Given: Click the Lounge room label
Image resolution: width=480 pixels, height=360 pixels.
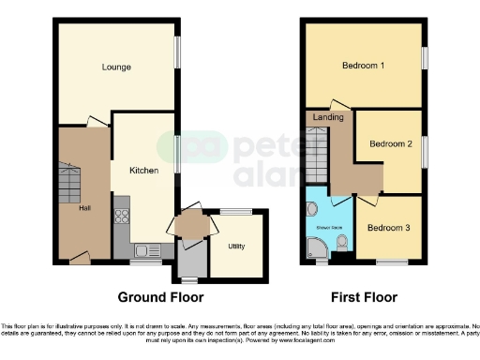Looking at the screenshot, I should tap(116, 67).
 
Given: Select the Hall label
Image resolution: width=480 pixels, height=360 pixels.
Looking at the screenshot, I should tap(84, 208).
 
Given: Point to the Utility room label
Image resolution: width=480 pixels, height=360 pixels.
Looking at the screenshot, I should tap(234, 247).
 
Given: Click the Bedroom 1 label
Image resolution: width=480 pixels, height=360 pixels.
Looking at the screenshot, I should tap(364, 66).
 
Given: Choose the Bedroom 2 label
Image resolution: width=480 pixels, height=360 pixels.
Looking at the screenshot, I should tap(390, 143).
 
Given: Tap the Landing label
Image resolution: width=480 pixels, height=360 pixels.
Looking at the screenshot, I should tap(328, 117).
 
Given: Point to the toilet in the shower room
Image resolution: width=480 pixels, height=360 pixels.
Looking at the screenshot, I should tap(341, 244).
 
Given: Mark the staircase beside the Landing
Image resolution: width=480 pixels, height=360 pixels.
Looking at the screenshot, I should tap(317, 156).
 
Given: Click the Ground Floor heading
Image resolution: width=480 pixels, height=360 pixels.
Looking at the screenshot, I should tap(160, 297).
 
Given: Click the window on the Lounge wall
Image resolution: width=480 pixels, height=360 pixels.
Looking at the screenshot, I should tap(177, 52).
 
